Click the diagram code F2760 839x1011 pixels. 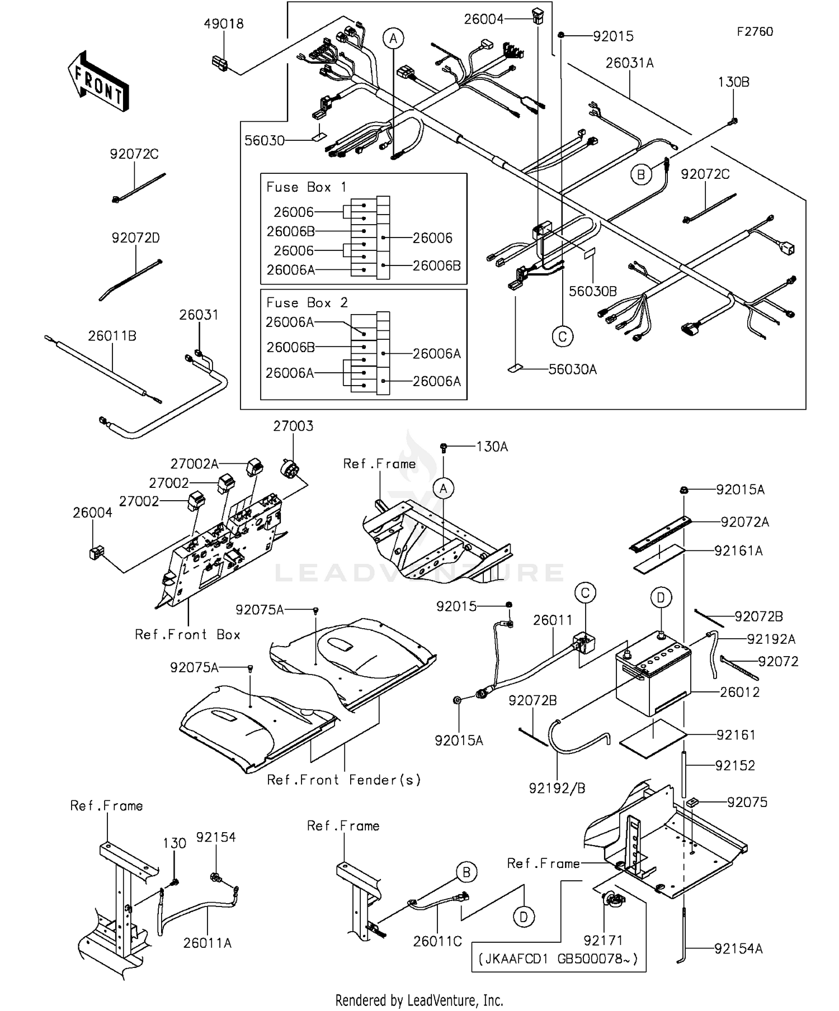tap(755, 32)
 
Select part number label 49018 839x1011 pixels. tap(223, 24)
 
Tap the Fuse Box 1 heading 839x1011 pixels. tap(307, 187)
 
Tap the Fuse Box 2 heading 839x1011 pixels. tap(307, 303)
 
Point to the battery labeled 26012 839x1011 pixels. tap(653, 680)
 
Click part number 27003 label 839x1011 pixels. tap(293, 426)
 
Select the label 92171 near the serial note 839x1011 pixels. tap(603, 941)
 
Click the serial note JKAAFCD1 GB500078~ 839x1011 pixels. tap(558, 959)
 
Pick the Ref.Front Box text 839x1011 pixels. tap(187, 635)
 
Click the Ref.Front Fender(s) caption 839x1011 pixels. tap(344, 780)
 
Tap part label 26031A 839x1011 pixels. tap(629, 63)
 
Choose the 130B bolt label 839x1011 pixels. tap(733, 82)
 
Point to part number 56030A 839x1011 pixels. tap(572, 369)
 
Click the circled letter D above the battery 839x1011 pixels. tap(661, 598)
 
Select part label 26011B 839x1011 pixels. tap(112, 336)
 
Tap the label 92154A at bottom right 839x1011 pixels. tap(738, 948)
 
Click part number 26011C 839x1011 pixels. tap(437, 942)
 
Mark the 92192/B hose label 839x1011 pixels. tap(557, 789)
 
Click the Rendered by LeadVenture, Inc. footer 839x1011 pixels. tap(419, 1000)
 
